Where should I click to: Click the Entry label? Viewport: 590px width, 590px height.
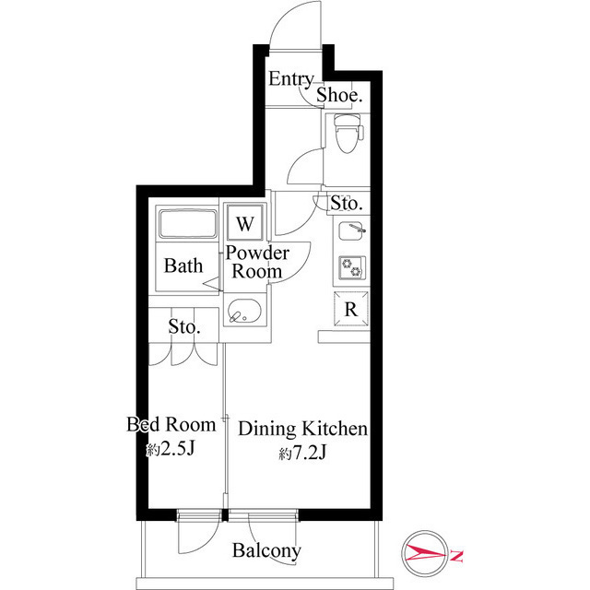(x=290, y=79)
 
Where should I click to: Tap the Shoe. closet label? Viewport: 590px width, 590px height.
(x=339, y=95)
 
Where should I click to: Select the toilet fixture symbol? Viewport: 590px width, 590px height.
(x=347, y=136)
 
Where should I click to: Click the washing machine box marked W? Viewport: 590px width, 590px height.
(x=245, y=223)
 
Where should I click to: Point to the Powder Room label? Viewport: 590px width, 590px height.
(x=257, y=262)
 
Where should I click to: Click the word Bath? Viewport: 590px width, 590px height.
(x=183, y=266)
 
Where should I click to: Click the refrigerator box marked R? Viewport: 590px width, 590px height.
(x=350, y=310)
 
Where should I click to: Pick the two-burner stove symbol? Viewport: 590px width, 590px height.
(x=351, y=266)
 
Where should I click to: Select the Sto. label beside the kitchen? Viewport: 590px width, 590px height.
(x=347, y=203)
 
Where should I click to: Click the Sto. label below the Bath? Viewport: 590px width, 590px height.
(x=184, y=326)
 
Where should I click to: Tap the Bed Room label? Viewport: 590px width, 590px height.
(x=171, y=425)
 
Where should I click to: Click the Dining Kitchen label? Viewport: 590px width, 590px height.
(x=303, y=430)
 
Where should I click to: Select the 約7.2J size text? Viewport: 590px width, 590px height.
(x=302, y=454)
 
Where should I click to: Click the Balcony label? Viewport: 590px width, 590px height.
(x=266, y=551)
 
